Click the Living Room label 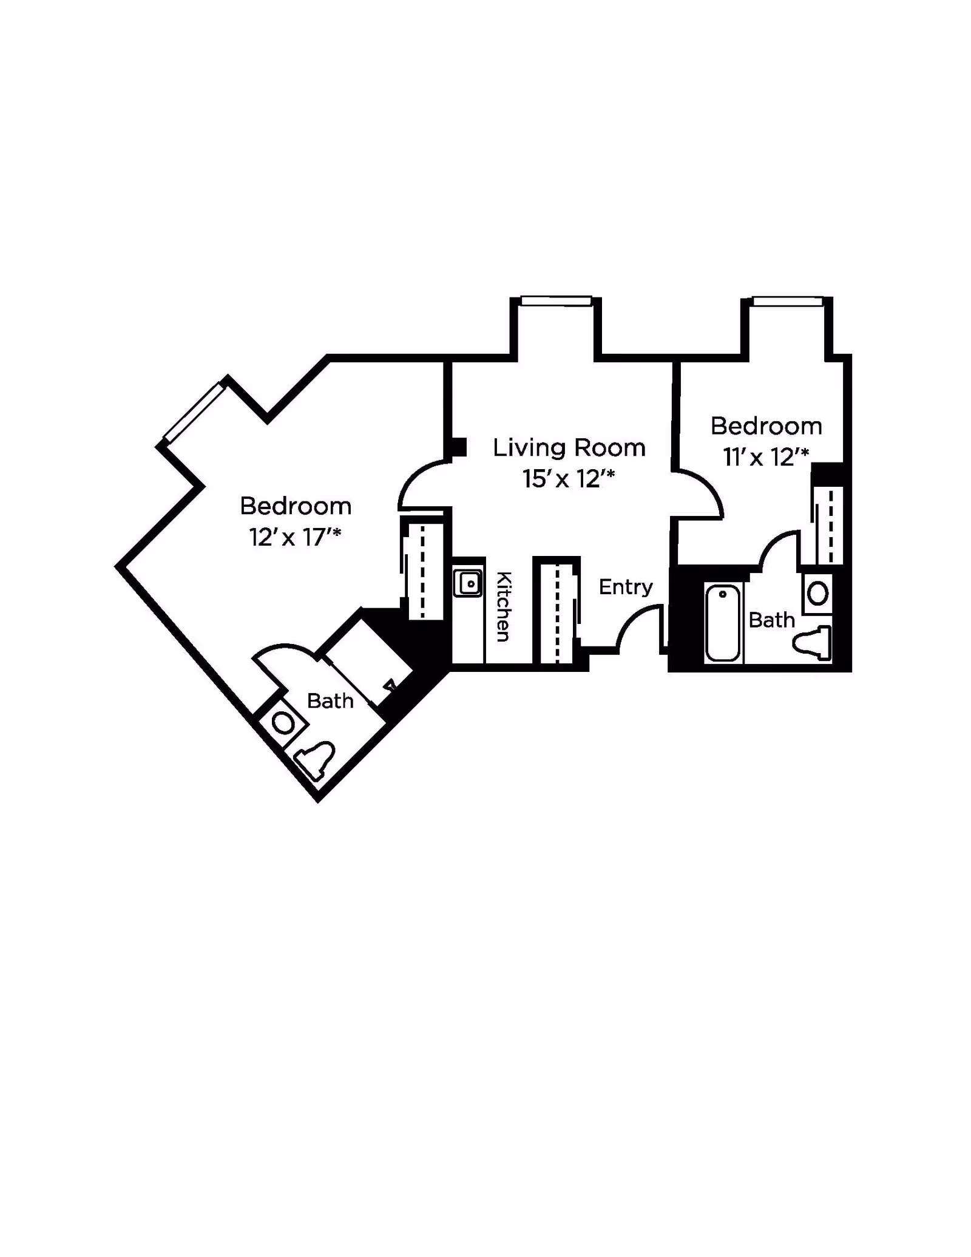pos(569,448)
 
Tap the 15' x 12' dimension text pos(569,479)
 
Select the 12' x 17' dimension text pos(295,537)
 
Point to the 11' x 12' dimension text pos(766,457)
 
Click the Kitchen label pos(504,606)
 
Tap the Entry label pos(626,587)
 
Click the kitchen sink pos(469,584)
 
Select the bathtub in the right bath pos(722,622)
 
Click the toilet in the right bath pos(813,643)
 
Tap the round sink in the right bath pos(818,593)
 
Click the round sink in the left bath pos(283,723)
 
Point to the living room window pos(556,300)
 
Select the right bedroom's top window pos(788,300)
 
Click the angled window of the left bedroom pos(194,412)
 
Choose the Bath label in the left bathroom pos(330,701)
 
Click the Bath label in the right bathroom pos(771,620)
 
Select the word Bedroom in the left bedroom pos(296,506)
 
